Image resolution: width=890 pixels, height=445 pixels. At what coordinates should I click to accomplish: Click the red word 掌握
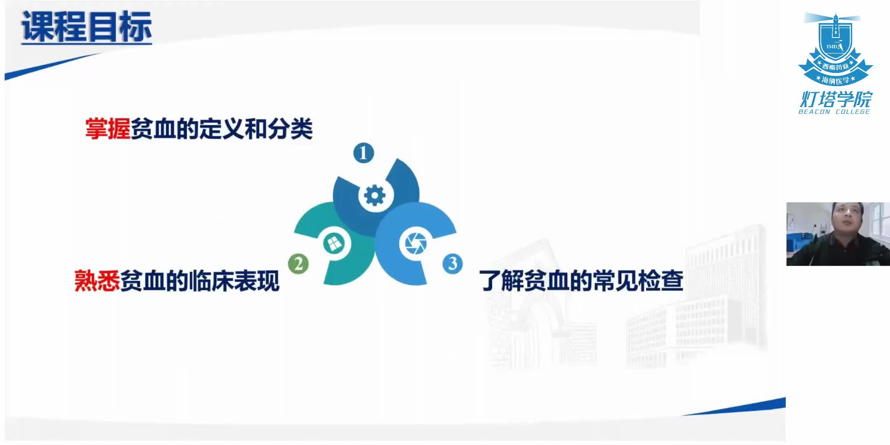click(x=108, y=129)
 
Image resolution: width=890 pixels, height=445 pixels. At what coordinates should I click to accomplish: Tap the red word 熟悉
click(x=97, y=281)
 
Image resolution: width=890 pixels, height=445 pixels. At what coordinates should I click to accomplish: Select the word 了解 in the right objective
click(x=501, y=281)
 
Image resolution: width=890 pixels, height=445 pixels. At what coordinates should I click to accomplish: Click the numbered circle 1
click(x=363, y=153)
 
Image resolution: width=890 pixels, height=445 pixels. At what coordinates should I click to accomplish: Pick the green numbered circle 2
click(x=298, y=263)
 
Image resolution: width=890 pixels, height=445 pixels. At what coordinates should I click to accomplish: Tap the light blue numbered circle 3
click(x=452, y=263)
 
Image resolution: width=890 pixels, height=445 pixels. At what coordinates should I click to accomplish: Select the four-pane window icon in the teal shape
click(x=334, y=243)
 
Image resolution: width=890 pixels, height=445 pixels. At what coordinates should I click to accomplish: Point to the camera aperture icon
click(x=415, y=243)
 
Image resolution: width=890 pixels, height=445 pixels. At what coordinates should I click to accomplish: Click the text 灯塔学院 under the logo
click(x=836, y=99)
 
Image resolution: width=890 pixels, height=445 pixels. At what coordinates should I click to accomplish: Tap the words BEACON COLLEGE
click(x=834, y=112)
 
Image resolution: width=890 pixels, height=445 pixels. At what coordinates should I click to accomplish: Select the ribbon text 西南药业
click(x=835, y=66)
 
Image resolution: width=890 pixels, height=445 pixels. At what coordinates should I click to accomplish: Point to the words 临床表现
click(x=233, y=281)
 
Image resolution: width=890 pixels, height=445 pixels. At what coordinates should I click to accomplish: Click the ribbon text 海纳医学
click(x=835, y=80)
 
